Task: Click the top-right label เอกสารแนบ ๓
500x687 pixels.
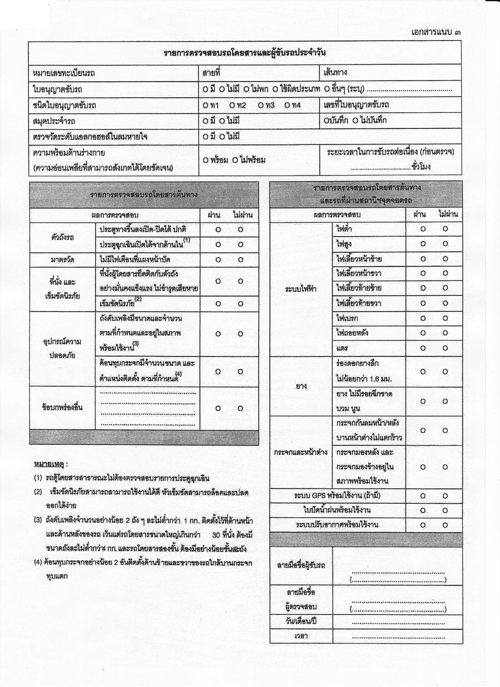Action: click(x=437, y=32)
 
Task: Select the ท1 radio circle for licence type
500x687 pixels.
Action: click(x=206, y=105)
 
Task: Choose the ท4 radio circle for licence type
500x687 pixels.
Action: click(x=287, y=105)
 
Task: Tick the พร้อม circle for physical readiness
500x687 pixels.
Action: click(x=206, y=160)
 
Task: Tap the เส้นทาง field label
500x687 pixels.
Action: click(x=338, y=73)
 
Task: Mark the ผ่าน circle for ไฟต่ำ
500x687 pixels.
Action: click(x=423, y=229)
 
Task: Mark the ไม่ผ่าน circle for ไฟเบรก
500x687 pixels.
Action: click(x=446, y=318)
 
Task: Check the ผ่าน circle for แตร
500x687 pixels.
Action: click(x=423, y=348)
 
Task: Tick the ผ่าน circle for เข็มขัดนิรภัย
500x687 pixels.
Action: click(x=218, y=304)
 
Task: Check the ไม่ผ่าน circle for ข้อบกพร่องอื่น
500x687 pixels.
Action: click(x=241, y=408)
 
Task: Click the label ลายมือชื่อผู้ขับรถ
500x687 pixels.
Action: click(x=301, y=565)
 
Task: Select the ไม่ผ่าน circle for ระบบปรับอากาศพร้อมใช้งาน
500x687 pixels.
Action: click(x=446, y=524)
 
